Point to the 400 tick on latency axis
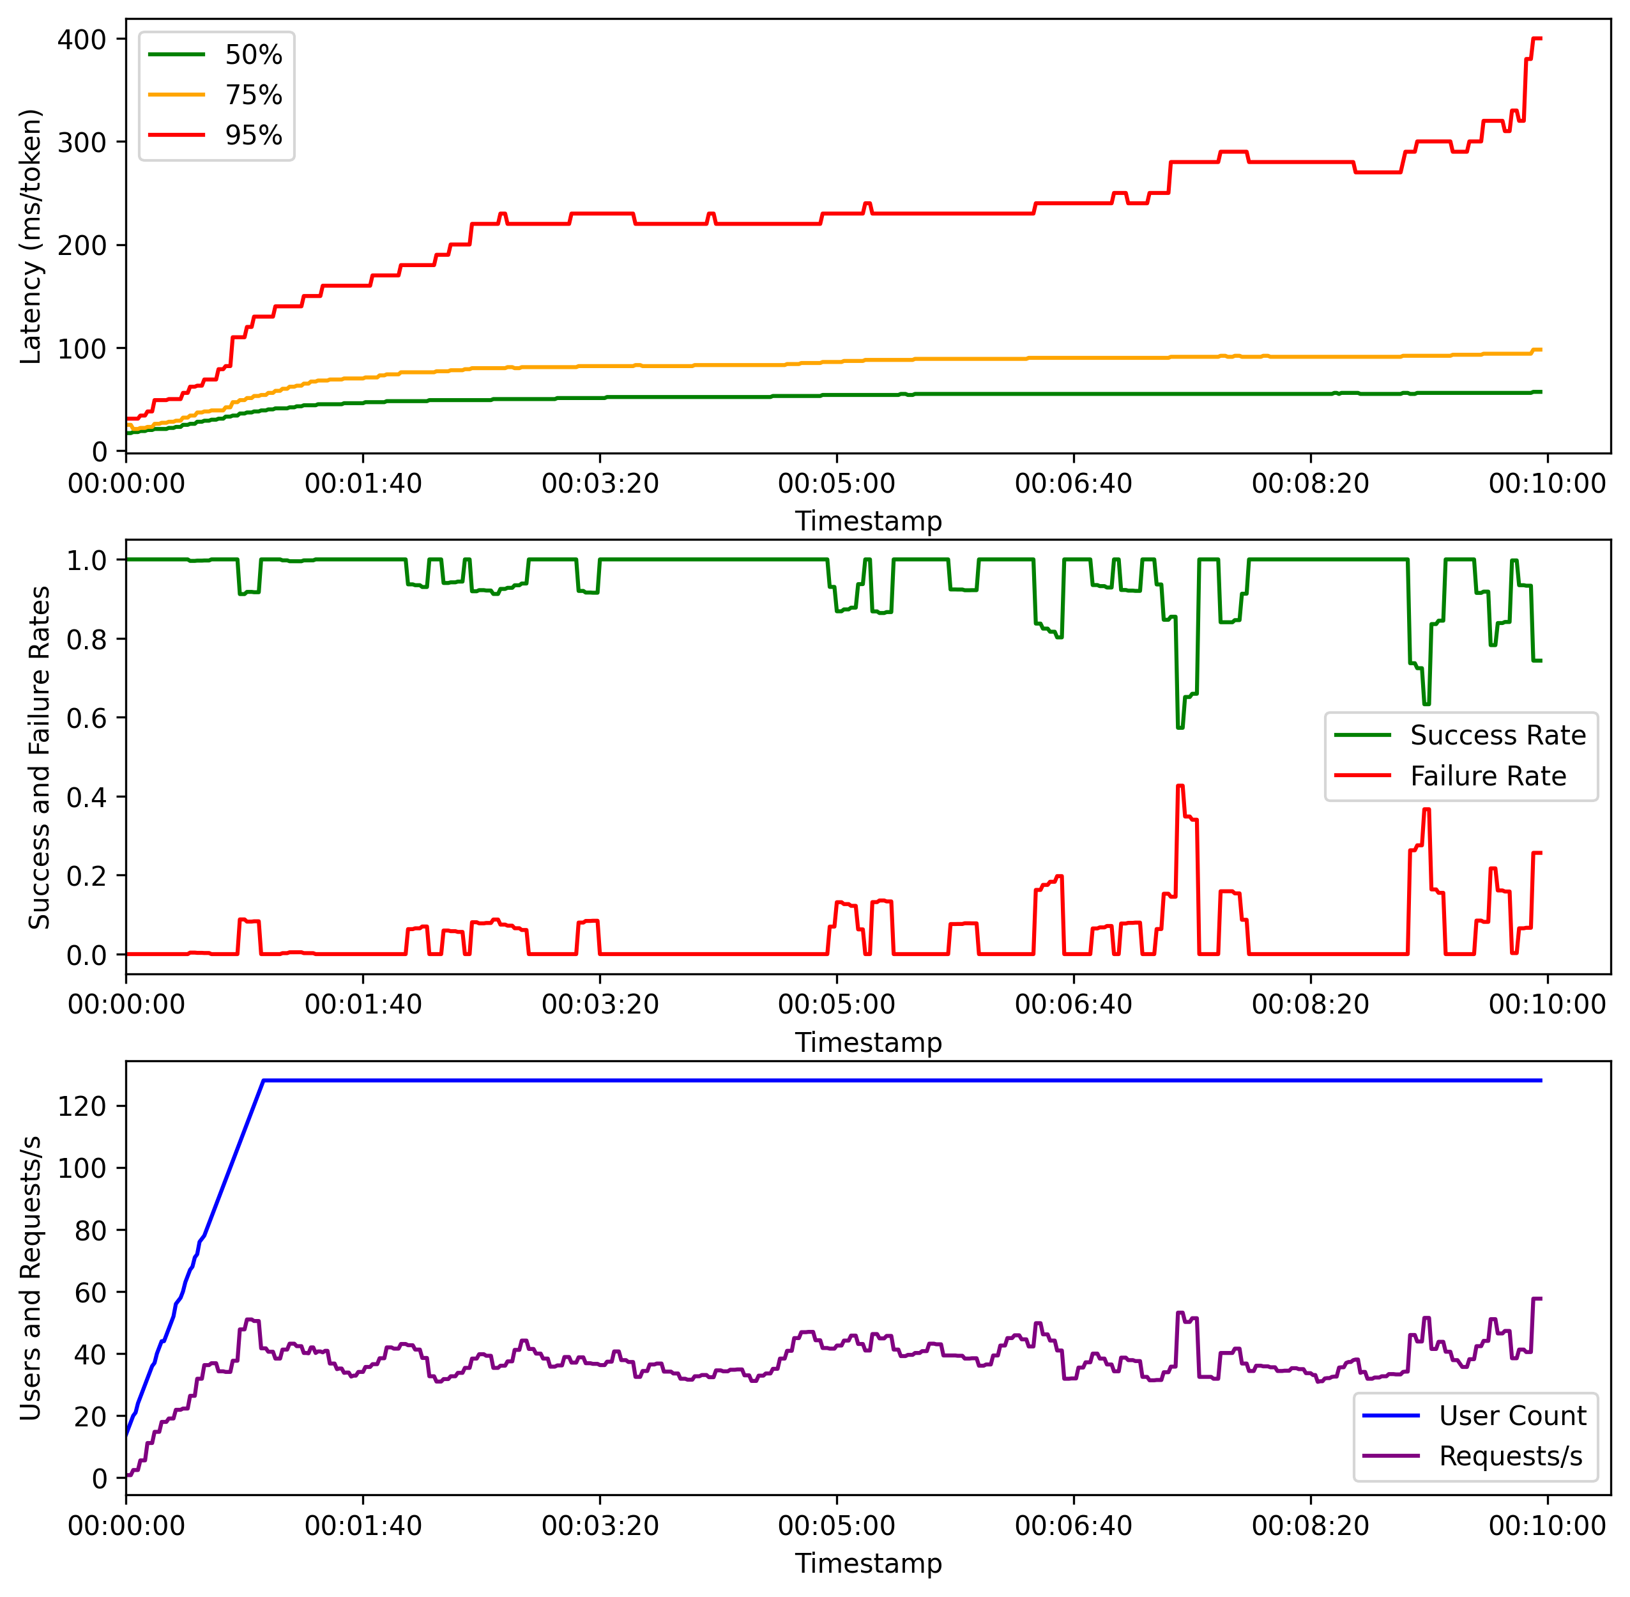[82, 40]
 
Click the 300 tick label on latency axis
[82, 143]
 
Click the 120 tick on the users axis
[82, 1106]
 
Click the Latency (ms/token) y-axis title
[31, 236]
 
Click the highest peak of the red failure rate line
[1180, 786]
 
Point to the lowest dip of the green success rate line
[1180, 727]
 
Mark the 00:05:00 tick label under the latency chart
[836, 484]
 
